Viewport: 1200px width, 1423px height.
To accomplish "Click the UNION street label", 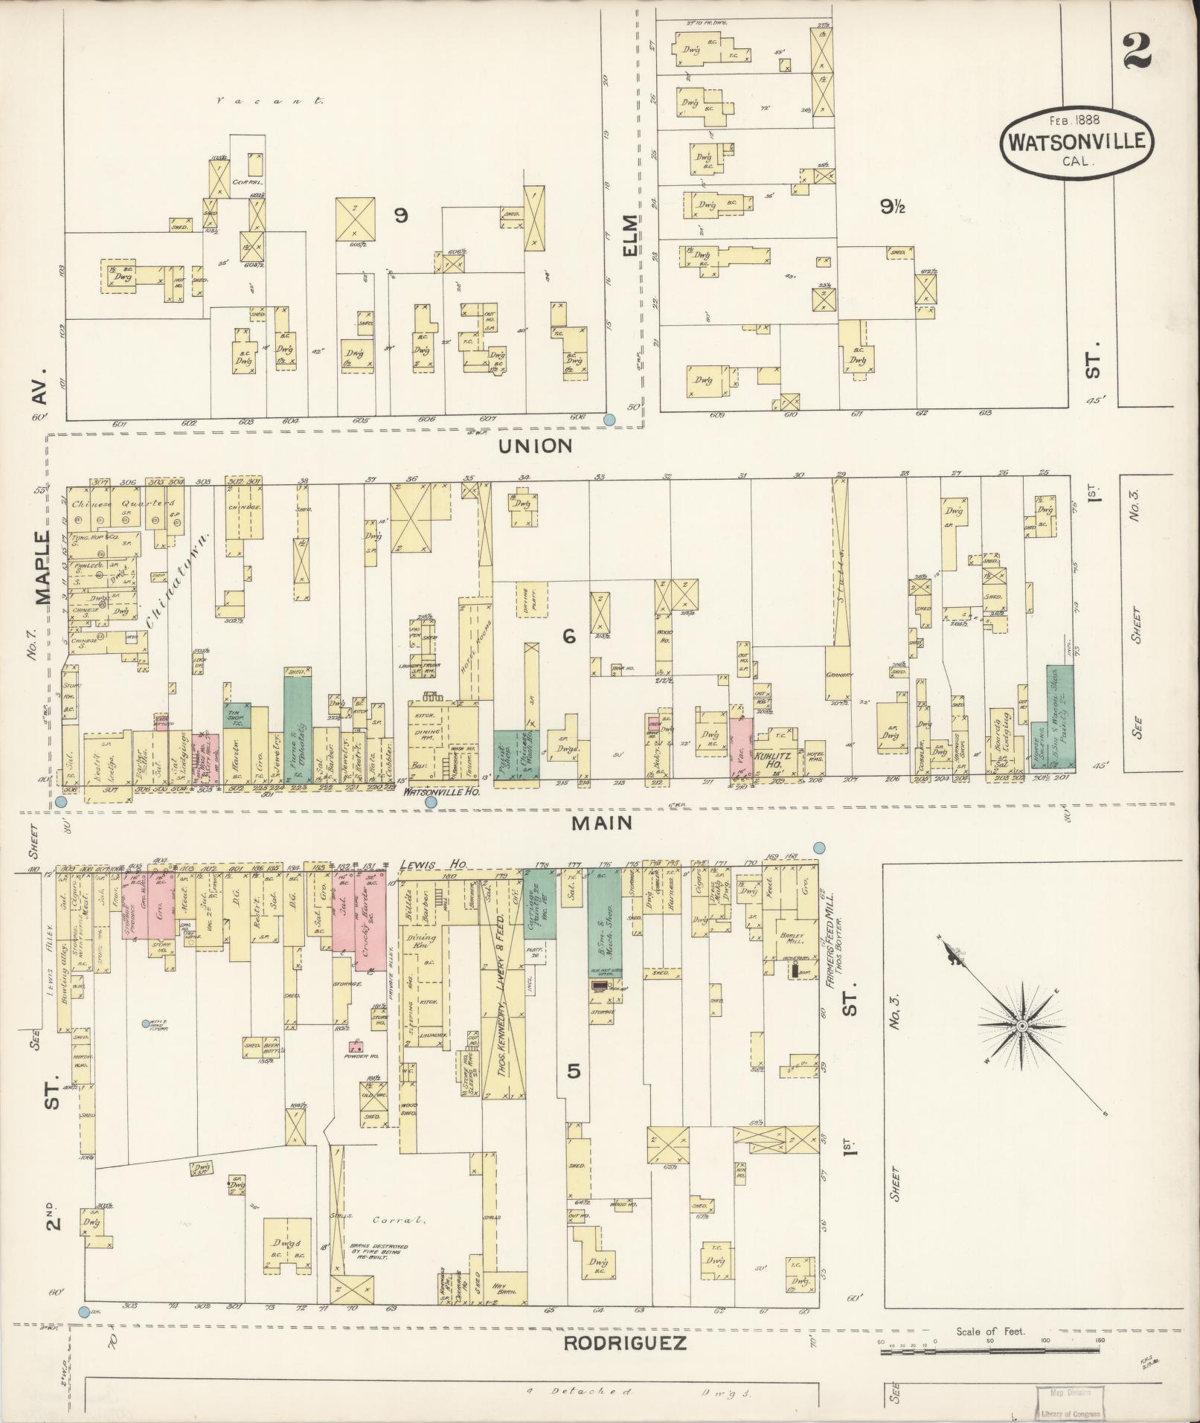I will tap(536, 446).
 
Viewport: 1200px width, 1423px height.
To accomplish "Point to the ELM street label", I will tap(632, 237).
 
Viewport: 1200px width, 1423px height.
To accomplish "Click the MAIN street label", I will tap(603, 823).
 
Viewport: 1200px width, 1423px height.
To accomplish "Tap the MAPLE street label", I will tap(41, 567).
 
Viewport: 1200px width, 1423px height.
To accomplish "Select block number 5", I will tap(573, 1071).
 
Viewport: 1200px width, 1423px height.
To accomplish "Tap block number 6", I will tap(569, 636).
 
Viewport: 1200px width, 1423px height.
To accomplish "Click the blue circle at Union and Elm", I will tap(609, 420).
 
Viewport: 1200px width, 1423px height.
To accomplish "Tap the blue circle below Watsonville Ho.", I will tap(430, 802).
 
